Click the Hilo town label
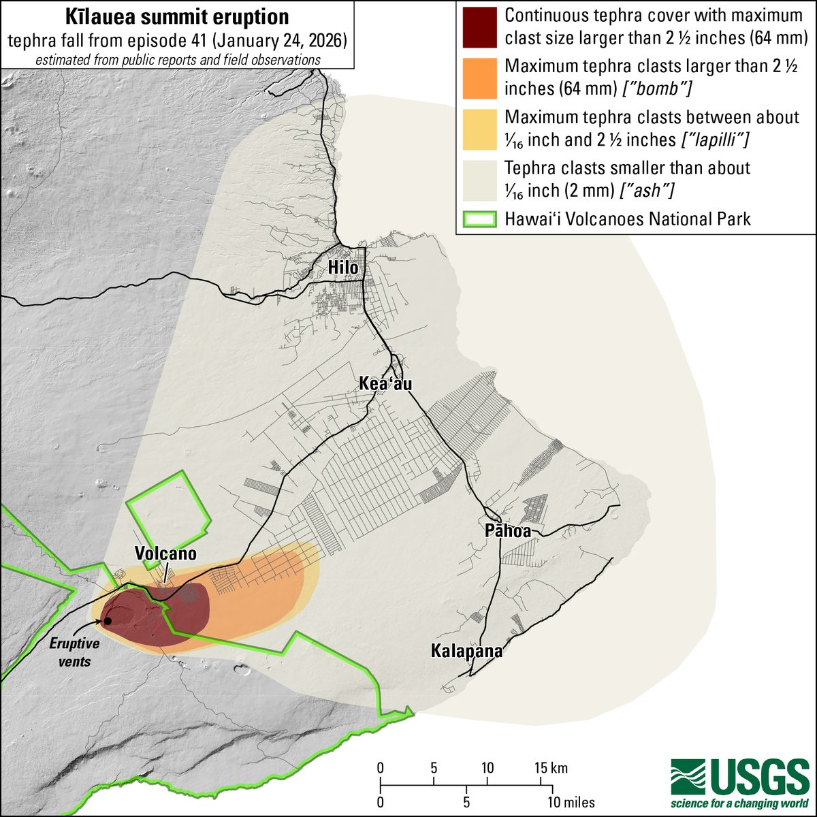343,268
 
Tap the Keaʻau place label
385,385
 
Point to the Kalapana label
466,651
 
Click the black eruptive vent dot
107,621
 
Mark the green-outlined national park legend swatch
479,219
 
